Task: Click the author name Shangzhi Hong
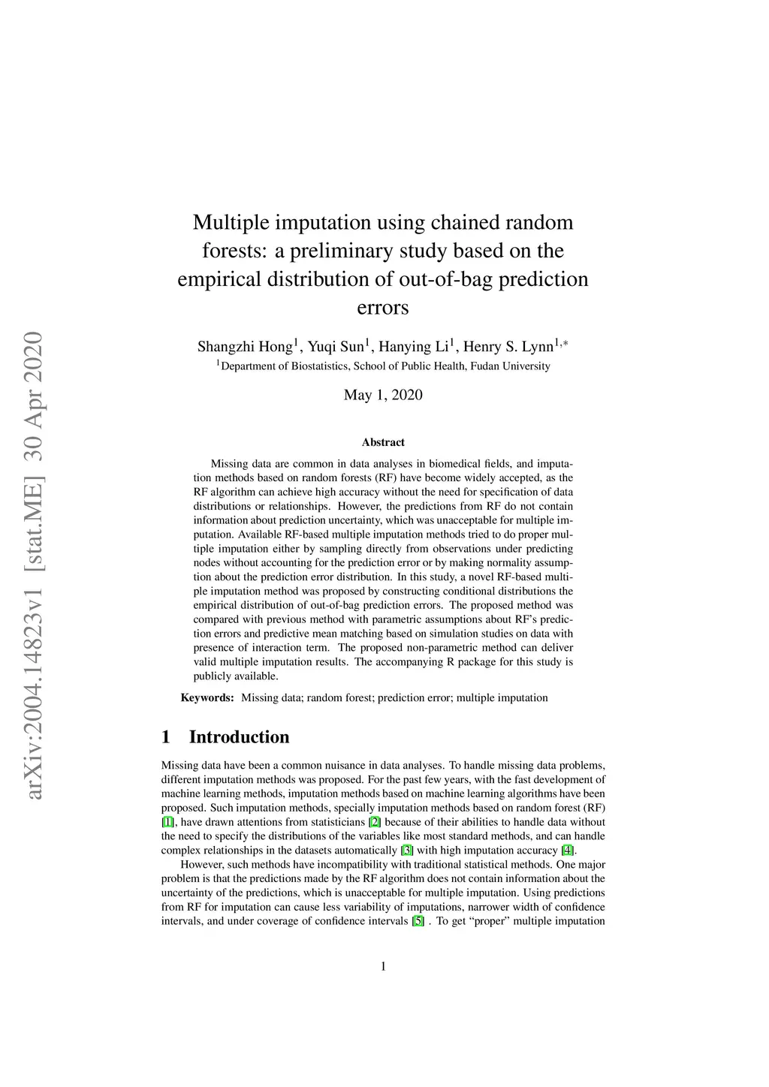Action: [244, 347]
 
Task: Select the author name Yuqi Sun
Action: [336, 347]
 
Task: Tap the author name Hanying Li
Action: [414, 347]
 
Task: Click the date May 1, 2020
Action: [383, 396]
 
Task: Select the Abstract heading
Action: [383, 443]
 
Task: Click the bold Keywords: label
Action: [207, 698]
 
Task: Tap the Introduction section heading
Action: [239, 737]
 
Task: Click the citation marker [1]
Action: [168, 823]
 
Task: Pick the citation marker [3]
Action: [408, 851]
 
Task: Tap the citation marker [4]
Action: [568, 851]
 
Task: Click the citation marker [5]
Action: [418, 921]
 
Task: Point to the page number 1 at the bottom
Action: [384, 967]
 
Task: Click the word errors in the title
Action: [383, 308]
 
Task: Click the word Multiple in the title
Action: [229, 223]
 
